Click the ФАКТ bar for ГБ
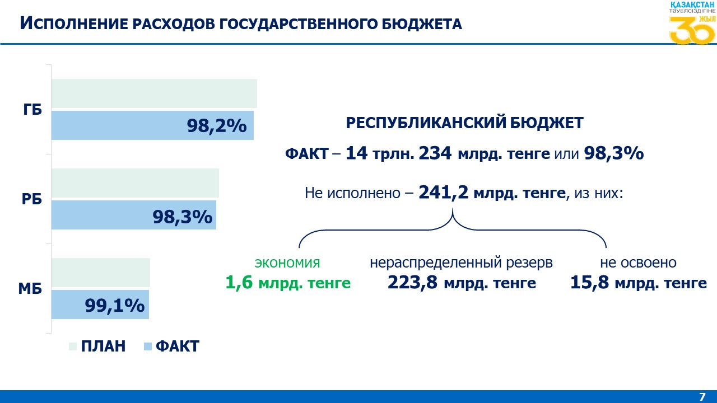[112, 125]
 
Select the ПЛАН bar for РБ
[134, 183]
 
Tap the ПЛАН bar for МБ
[101, 273]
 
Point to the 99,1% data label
[115, 306]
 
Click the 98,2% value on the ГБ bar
[217, 126]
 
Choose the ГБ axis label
[33, 110]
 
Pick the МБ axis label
[30, 289]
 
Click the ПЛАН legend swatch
[72, 346]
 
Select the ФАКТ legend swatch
[148, 346]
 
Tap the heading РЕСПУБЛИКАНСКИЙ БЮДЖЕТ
[464, 123]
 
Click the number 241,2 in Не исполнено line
[443, 193]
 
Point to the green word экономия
[287, 263]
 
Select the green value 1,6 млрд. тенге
[288, 283]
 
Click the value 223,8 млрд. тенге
[462, 283]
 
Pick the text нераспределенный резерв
[461, 263]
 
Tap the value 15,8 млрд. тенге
[638, 283]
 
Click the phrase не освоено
[638, 263]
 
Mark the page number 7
[702, 397]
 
